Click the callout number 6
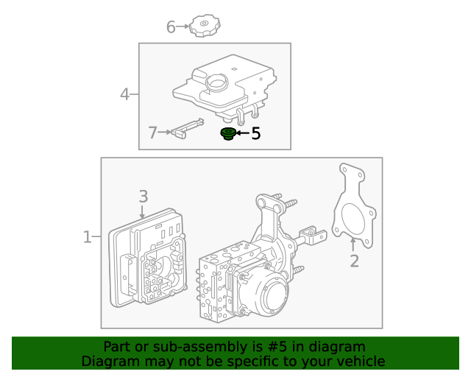coord(171,27)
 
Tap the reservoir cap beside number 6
coord(202,27)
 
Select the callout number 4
coord(125,94)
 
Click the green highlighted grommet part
coord(228,134)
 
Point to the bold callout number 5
coord(256,133)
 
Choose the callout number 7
coord(152,133)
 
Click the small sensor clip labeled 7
coord(188,128)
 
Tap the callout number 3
coord(144,196)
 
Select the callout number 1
coord(87,237)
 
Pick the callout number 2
coord(354,261)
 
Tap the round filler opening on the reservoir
coord(217,82)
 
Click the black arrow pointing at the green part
coord(241,133)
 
